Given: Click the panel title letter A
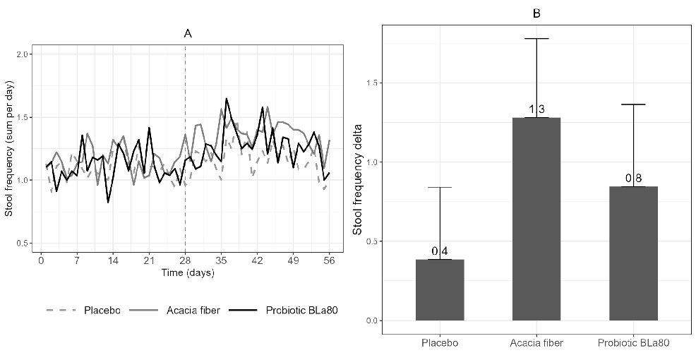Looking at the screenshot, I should tap(188, 33).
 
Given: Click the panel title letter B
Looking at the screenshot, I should tap(536, 13).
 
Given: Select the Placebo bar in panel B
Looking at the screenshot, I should tap(440, 290).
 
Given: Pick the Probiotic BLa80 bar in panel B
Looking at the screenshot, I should tap(633, 253).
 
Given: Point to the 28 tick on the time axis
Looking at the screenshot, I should tap(185, 259).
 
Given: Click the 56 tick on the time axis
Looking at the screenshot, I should tap(329, 259).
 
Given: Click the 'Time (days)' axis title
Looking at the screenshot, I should tap(188, 272).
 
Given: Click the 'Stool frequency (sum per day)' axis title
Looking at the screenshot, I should tap(10, 148).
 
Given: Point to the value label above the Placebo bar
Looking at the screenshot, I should tap(440, 251).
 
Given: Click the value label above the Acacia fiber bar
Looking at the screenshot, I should tap(536, 109).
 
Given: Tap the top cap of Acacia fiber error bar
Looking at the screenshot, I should tap(536, 39).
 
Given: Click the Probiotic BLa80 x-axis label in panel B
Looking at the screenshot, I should tap(633, 343).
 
